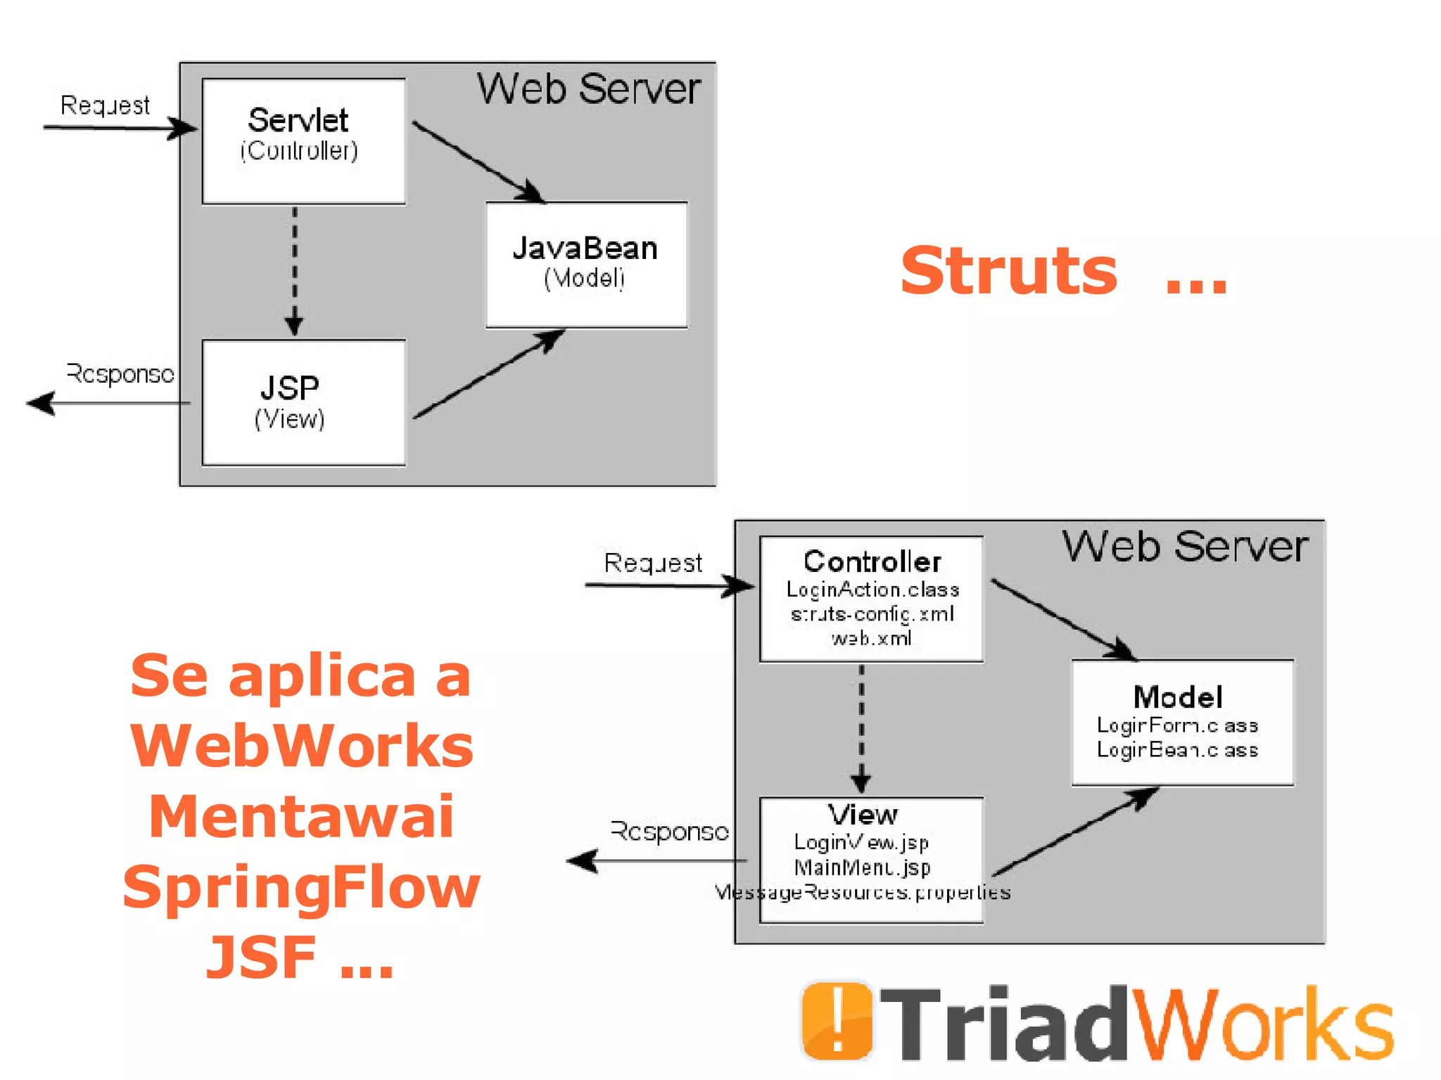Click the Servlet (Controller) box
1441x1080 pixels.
(303, 141)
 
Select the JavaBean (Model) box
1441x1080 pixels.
(586, 264)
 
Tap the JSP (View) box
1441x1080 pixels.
(303, 402)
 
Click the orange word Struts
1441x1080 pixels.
(1008, 271)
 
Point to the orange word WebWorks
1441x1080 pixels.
(302, 746)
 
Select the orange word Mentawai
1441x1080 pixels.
(302, 816)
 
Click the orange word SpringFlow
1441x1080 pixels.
(302, 887)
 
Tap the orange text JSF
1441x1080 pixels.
(261, 957)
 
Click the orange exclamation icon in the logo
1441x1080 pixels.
(837, 1021)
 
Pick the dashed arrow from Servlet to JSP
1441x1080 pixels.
(294, 271)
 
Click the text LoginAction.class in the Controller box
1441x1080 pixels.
(872, 590)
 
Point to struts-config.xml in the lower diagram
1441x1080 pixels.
(872, 614)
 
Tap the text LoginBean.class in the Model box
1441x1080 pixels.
(1177, 750)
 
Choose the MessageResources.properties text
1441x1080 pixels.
(863, 893)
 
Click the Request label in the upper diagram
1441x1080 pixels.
(105, 106)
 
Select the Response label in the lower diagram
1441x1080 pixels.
(669, 832)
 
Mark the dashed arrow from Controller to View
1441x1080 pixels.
(861, 728)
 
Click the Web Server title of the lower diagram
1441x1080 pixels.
(1185, 547)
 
